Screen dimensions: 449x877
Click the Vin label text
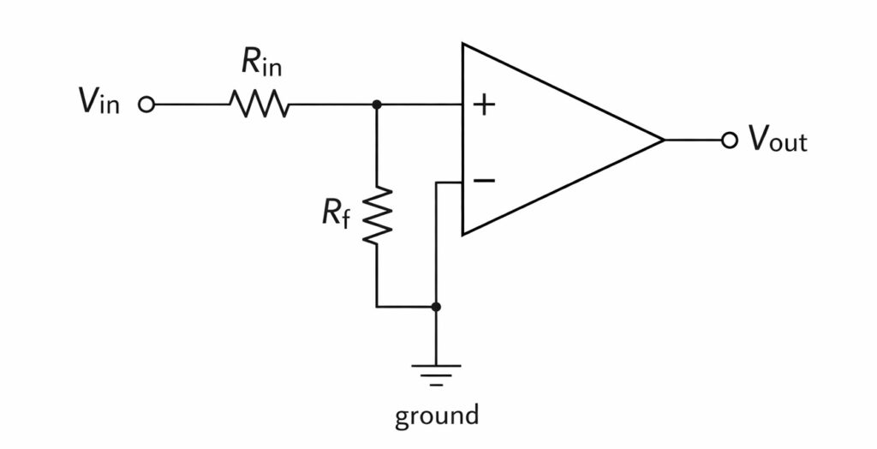pos(100,104)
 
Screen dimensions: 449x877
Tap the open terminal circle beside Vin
pos(146,105)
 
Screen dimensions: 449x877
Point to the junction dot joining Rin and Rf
pos(377,105)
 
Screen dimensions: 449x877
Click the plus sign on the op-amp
pos(485,105)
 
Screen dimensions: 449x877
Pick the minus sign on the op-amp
pos(484,180)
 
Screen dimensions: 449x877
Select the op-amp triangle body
pos(540,140)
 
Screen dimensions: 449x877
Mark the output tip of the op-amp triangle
pos(664,140)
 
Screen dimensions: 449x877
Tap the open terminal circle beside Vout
pos(729,140)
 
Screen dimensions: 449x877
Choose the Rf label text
pos(336,213)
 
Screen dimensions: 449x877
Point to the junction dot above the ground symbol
pos(436,306)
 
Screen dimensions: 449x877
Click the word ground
pos(436,416)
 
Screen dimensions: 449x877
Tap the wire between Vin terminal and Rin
pos(188,105)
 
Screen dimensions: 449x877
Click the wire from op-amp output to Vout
pos(694,140)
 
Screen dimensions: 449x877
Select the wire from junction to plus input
pos(420,105)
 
